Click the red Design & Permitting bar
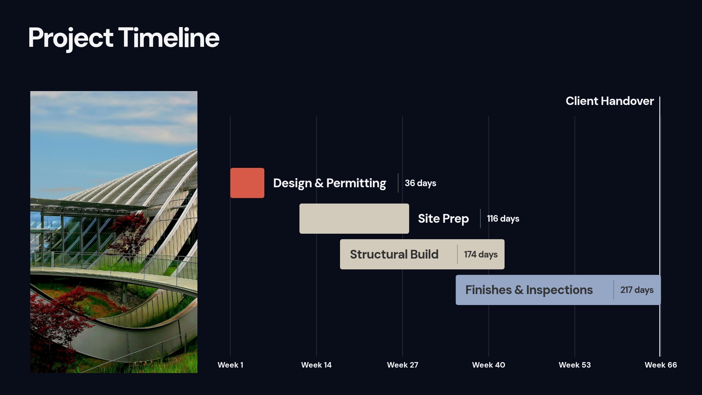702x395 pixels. click(247, 183)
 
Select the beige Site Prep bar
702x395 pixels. click(354, 218)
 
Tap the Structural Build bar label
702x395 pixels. click(394, 254)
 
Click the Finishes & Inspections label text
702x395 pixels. click(529, 290)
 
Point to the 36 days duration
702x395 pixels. click(420, 183)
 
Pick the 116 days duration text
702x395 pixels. click(503, 218)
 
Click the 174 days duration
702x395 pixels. click(480, 254)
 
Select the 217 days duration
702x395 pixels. click(637, 290)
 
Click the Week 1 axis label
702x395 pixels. click(230, 365)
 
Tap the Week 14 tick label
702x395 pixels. click(316, 365)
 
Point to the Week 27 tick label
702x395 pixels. click(402, 365)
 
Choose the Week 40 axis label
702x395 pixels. click(488, 365)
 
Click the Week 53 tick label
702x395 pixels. click(574, 365)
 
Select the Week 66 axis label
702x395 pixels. click(660, 365)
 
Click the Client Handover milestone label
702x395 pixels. click(609, 101)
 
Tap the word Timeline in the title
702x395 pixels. click(169, 38)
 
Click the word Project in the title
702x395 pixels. click(71, 38)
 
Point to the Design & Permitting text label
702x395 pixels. click(329, 183)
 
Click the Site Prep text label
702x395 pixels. click(443, 218)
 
